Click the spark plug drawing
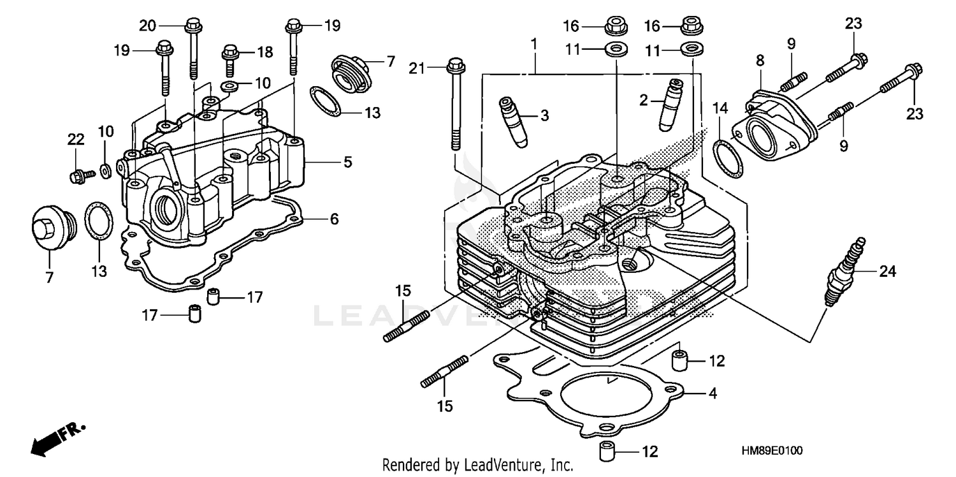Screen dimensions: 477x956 (x=845, y=272)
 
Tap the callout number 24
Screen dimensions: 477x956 (x=888, y=272)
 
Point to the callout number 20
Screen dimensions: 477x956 (x=148, y=26)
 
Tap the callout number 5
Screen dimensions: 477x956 (x=347, y=163)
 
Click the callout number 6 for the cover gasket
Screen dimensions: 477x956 (x=334, y=219)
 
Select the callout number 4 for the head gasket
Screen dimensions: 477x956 (x=712, y=394)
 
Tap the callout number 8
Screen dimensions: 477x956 (x=760, y=61)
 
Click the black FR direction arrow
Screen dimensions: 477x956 (x=48, y=438)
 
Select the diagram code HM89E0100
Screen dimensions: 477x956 (x=772, y=451)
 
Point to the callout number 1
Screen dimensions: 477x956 (x=534, y=44)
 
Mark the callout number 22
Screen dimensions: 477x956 (x=76, y=139)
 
